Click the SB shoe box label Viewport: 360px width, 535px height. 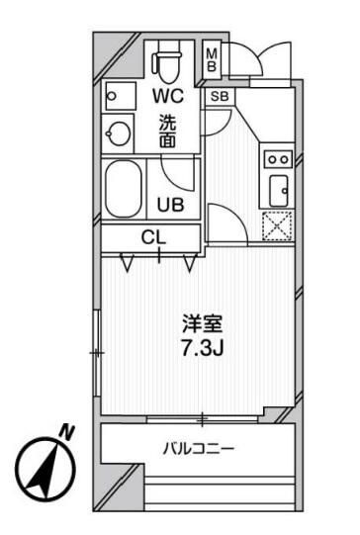click(219, 97)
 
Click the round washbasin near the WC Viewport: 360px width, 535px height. click(119, 133)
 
